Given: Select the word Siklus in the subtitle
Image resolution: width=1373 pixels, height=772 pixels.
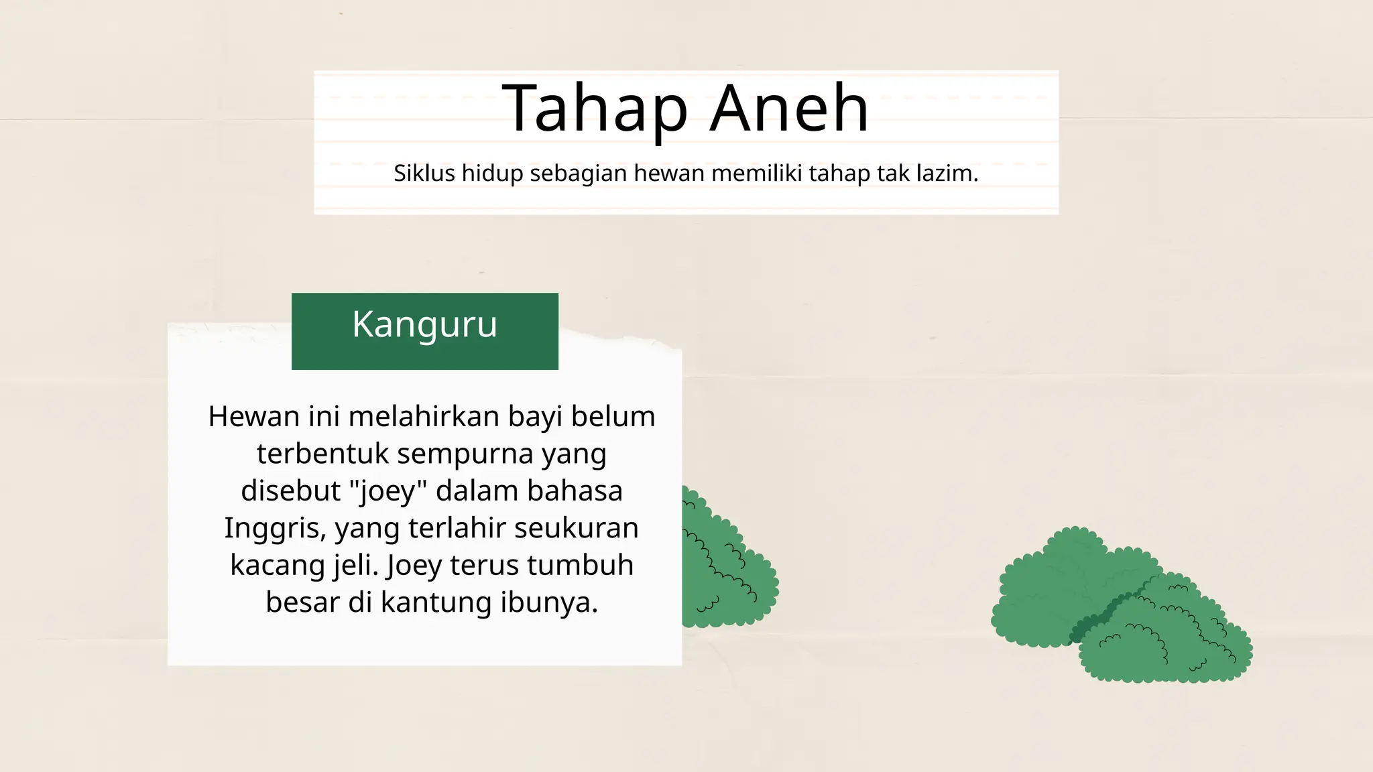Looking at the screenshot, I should pos(424,174).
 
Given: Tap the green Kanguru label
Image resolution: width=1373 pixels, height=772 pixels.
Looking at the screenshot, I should pos(425,331).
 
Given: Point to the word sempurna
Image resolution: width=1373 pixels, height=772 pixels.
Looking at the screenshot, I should pos(465,454).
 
